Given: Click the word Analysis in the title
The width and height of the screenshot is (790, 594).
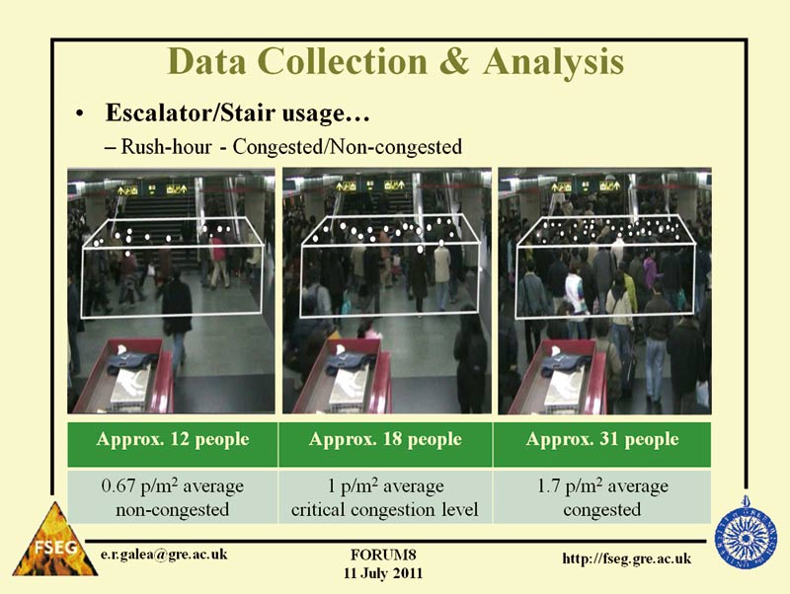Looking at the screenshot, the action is coord(553,61).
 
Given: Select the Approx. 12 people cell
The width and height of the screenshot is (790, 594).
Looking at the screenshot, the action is coord(172,444).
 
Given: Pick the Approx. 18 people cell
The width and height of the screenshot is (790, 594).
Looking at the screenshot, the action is coord(385,444).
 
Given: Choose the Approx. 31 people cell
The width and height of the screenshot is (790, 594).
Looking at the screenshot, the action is coord(602,444).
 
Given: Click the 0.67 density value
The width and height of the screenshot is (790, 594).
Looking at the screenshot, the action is coord(118,486).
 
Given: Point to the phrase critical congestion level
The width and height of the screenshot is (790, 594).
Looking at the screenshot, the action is coord(384,509).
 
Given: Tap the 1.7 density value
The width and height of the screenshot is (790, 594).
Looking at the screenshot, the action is coord(548,486).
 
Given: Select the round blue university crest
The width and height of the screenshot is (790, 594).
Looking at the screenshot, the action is coord(746,533).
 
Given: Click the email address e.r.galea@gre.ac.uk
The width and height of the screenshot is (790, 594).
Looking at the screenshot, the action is coord(164,555).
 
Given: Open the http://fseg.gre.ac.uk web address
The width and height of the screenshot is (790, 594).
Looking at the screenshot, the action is coord(627,558).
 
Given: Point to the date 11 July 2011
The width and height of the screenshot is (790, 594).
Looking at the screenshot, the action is coord(383,573).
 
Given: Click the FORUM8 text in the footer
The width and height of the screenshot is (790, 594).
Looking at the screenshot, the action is coord(383,555).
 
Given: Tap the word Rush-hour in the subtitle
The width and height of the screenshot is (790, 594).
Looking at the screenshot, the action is coord(166,147).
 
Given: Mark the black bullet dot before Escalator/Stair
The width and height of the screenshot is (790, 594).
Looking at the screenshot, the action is coord(79,114).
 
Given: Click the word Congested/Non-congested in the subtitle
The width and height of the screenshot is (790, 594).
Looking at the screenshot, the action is coord(348,147).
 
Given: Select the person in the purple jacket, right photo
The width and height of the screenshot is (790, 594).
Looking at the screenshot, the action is coord(650,271).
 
